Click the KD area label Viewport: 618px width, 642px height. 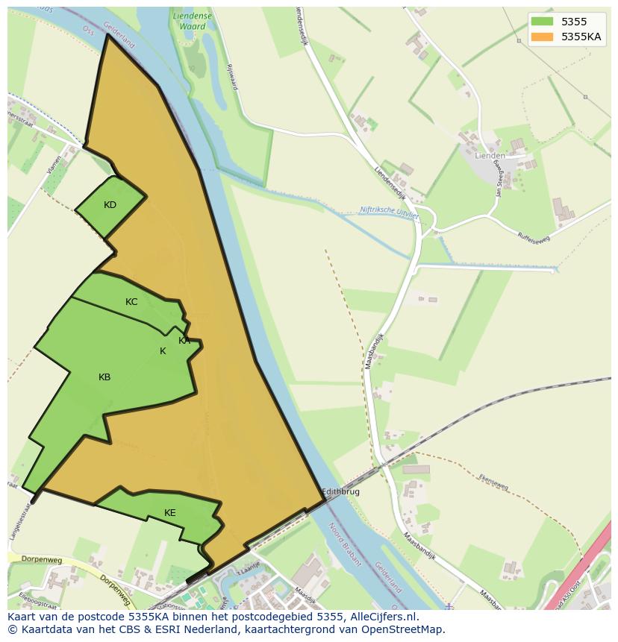pos(110,205)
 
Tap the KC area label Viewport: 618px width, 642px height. pos(131,302)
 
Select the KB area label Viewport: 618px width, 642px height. pos(104,377)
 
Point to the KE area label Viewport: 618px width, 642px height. pos(170,513)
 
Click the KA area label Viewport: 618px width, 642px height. pos(184,341)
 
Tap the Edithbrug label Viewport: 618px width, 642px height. pos(343,493)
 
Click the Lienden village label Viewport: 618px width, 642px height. pos(490,156)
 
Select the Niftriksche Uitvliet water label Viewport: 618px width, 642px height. pos(389,212)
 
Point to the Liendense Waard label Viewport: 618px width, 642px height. pos(193,21)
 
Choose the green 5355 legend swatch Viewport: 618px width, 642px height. pos(543,22)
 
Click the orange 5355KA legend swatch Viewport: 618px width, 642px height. pos(543,37)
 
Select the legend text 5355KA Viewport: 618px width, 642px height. pos(581,37)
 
